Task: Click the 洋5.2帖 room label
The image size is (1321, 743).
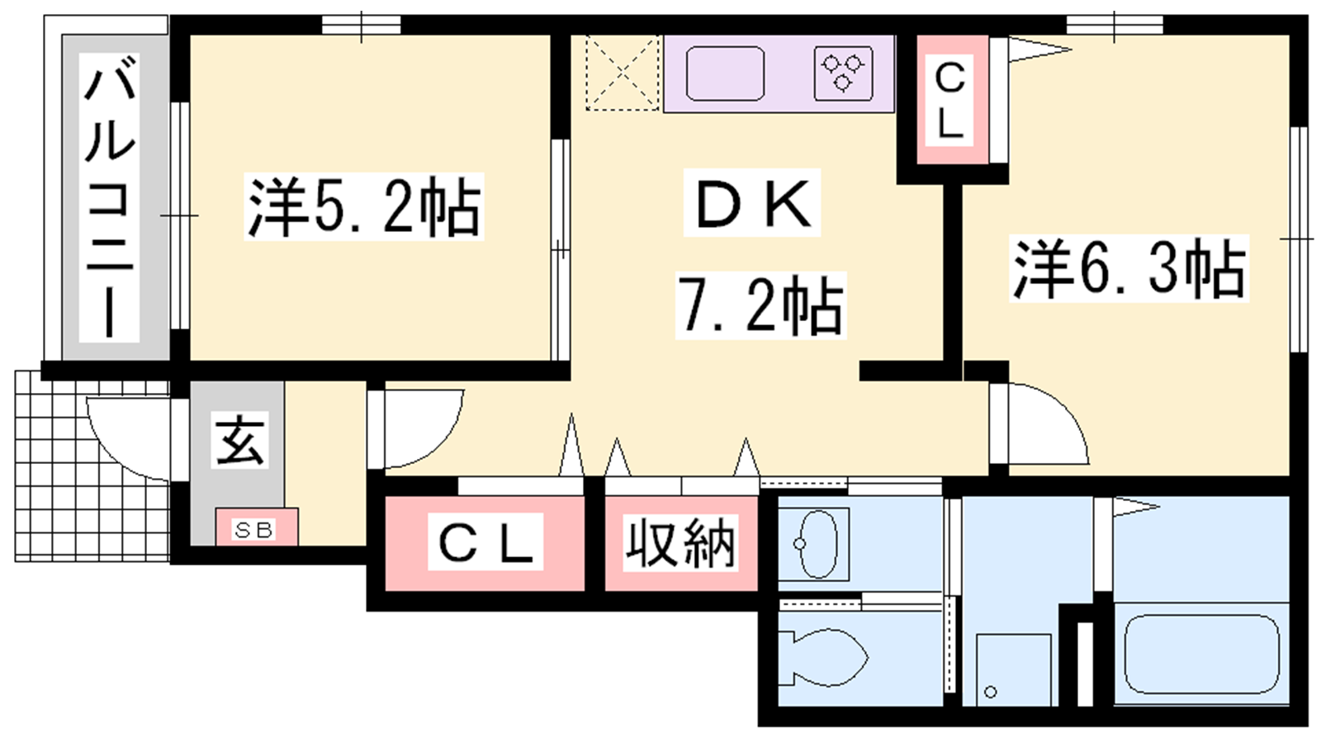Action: click(364, 206)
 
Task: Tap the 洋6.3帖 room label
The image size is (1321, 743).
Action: click(1129, 268)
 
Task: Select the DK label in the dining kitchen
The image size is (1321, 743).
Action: click(752, 203)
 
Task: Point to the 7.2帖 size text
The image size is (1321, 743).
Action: click(760, 305)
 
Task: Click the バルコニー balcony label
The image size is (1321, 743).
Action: click(110, 197)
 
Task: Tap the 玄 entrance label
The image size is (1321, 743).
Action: click(239, 439)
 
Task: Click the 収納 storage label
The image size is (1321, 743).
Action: click(680, 542)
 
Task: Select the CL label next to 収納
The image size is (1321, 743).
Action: click(485, 542)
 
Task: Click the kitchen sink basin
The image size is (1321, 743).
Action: click(726, 73)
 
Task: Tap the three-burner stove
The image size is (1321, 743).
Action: click(843, 73)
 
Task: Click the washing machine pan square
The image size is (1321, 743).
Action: click(1013, 670)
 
